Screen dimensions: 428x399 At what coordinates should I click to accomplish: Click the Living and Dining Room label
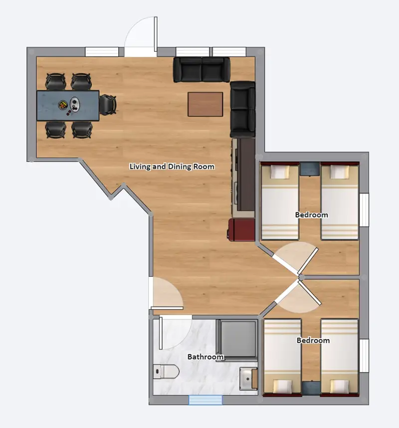(172, 167)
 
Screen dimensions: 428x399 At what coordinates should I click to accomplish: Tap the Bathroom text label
(205, 357)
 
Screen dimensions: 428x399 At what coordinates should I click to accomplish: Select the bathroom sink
(248, 380)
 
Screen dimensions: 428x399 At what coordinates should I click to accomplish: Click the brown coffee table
(205, 104)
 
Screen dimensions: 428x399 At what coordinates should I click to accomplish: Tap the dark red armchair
(242, 230)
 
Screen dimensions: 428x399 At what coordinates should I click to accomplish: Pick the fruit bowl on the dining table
(63, 105)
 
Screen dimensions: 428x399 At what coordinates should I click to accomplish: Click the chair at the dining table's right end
(108, 105)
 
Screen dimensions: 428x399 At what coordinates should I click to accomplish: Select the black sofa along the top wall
(201, 69)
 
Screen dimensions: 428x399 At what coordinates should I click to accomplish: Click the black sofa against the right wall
(243, 109)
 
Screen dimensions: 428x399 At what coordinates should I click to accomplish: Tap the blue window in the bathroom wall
(205, 400)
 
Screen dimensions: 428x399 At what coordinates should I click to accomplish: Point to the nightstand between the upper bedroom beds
(310, 169)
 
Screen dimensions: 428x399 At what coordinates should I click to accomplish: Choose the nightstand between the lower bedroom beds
(310, 388)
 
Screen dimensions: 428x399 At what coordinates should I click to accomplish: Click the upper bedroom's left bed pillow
(280, 173)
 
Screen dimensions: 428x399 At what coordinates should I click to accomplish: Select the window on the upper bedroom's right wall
(364, 210)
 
